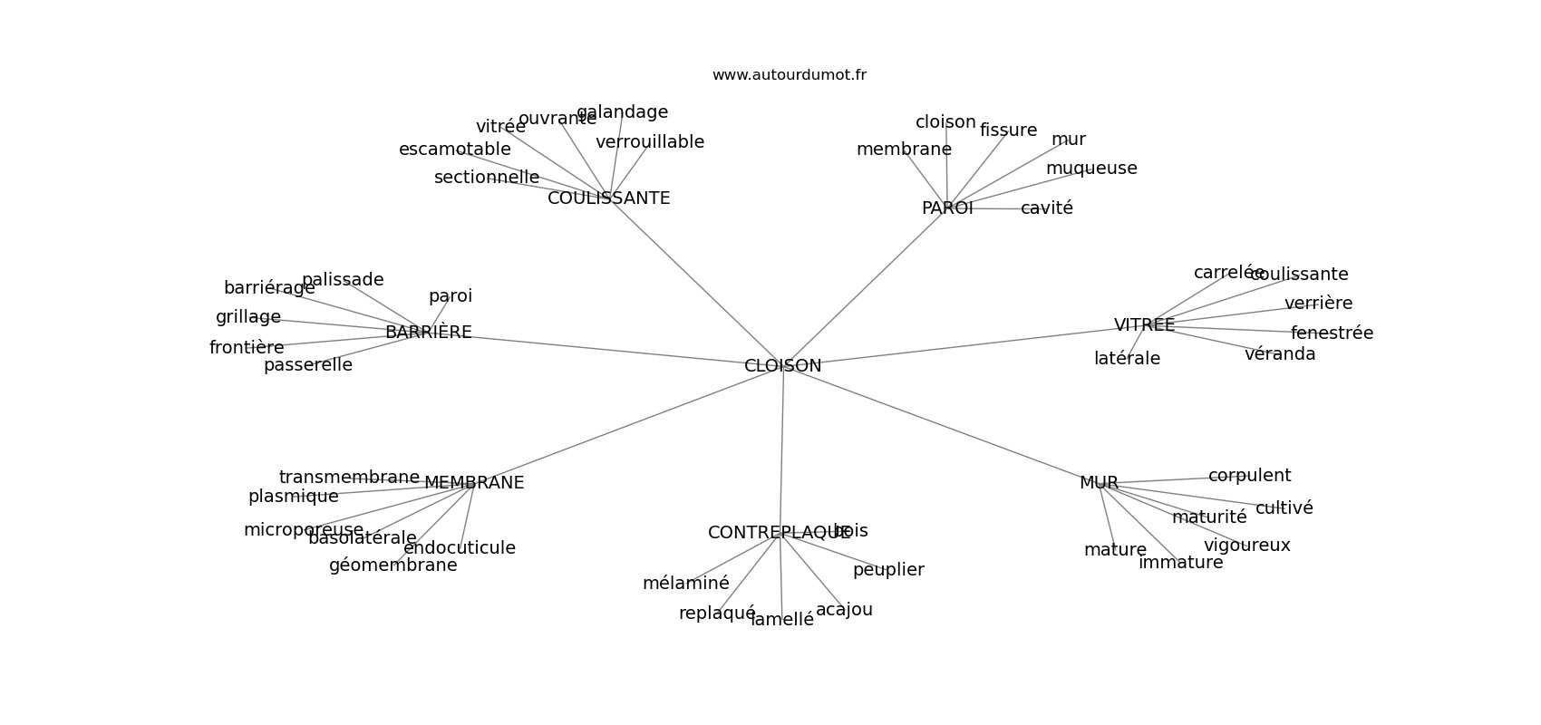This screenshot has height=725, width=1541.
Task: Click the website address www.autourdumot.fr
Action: point(789,75)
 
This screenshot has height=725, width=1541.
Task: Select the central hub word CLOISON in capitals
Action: point(782,366)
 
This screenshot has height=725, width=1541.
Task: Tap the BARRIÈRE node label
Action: point(428,333)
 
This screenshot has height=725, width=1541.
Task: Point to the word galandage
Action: point(623,112)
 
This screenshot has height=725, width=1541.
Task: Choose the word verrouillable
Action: point(650,142)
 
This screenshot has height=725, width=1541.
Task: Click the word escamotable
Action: point(454,150)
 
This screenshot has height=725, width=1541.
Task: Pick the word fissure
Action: point(1008,130)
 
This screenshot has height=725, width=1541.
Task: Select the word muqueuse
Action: point(1091,169)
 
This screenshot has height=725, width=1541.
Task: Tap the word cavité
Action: point(1047,208)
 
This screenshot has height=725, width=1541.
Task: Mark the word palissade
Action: point(343,280)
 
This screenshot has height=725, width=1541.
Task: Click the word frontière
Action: point(247,348)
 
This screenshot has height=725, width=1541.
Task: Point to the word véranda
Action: point(1280,354)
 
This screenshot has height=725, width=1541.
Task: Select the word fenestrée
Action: point(1332,333)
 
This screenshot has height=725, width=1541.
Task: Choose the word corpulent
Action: point(1249,476)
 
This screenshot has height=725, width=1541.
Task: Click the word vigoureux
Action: point(1246,546)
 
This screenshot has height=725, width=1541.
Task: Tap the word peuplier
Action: point(888,570)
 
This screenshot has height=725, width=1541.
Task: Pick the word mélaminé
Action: point(685,584)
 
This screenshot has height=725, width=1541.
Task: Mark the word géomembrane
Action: point(393,565)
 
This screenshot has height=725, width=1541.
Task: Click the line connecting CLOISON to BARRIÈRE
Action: point(607,350)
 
